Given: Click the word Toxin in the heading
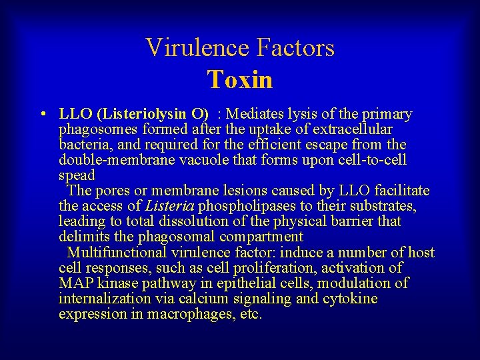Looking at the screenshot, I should (240, 80).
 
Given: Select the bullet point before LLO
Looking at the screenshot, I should (43, 114).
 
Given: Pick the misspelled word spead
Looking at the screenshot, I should (77, 175).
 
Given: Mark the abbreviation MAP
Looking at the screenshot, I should (75, 283).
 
